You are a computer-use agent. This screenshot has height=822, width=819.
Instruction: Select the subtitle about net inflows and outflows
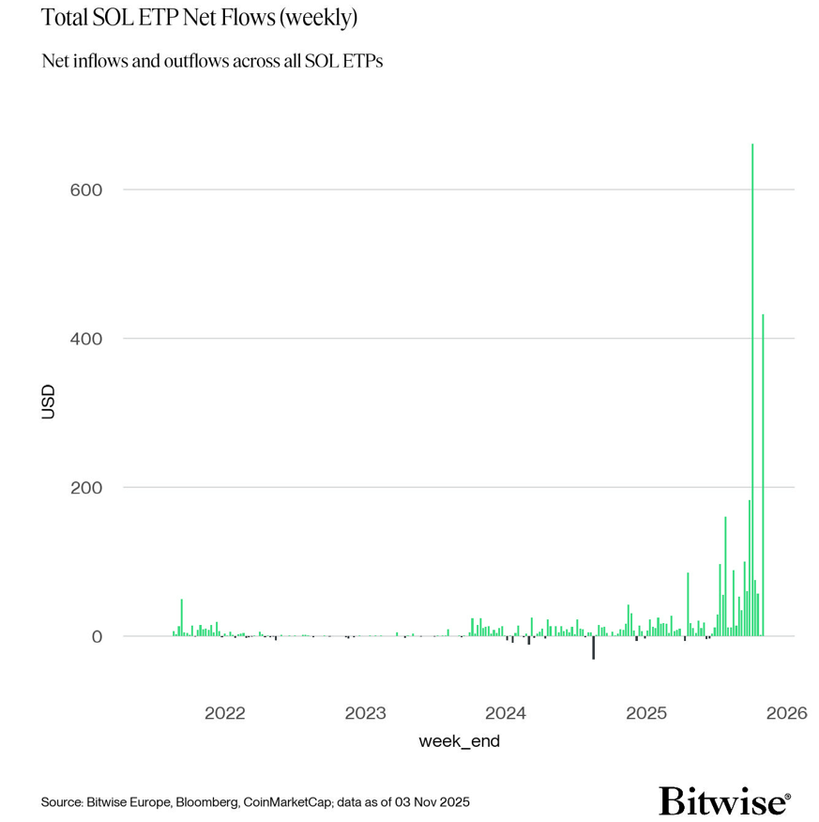[x=212, y=61]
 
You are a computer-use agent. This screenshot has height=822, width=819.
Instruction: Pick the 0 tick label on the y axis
[x=96, y=636]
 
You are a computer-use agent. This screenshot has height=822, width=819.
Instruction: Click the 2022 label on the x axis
[x=224, y=713]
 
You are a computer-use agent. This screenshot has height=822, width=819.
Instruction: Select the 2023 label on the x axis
[x=365, y=713]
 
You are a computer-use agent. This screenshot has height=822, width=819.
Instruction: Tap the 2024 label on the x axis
[x=506, y=713]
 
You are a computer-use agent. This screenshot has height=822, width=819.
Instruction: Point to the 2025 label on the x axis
[x=646, y=713]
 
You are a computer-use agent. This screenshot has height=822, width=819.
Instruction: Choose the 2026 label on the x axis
[x=786, y=713]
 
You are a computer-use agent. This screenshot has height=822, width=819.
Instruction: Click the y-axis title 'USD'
[x=49, y=401]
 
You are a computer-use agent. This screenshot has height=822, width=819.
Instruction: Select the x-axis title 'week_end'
[x=459, y=741]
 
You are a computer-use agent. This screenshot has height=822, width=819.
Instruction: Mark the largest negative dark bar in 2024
[x=593, y=647]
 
